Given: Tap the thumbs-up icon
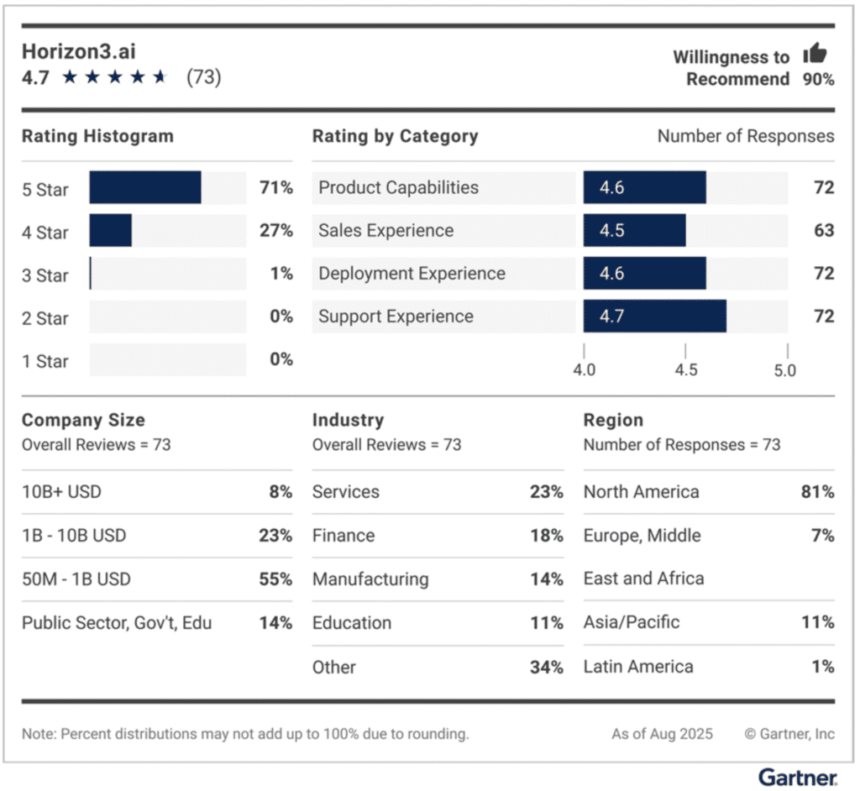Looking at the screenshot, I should [x=815, y=55].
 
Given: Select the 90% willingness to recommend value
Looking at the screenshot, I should [x=817, y=80].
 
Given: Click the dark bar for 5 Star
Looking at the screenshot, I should [x=145, y=187].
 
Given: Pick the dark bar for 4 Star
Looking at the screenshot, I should [x=111, y=231].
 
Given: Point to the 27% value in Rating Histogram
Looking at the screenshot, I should [x=275, y=231].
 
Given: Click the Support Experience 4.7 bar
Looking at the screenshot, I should [x=654, y=317].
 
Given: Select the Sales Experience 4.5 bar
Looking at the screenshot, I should [x=634, y=231].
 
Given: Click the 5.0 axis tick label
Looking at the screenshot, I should [x=785, y=370].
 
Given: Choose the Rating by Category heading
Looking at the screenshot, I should [x=395, y=136].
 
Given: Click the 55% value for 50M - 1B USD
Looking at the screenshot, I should [x=275, y=579].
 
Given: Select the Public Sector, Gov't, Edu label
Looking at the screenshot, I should [x=117, y=623].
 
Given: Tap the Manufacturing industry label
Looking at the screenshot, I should [x=370, y=579].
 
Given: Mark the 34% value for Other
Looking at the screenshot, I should [x=546, y=668].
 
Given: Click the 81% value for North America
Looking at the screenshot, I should [x=817, y=492].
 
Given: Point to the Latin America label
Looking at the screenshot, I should [x=638, y=667].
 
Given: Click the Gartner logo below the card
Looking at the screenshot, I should [x=797, y=776].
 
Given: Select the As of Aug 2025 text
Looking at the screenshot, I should [x=662, y=734].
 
